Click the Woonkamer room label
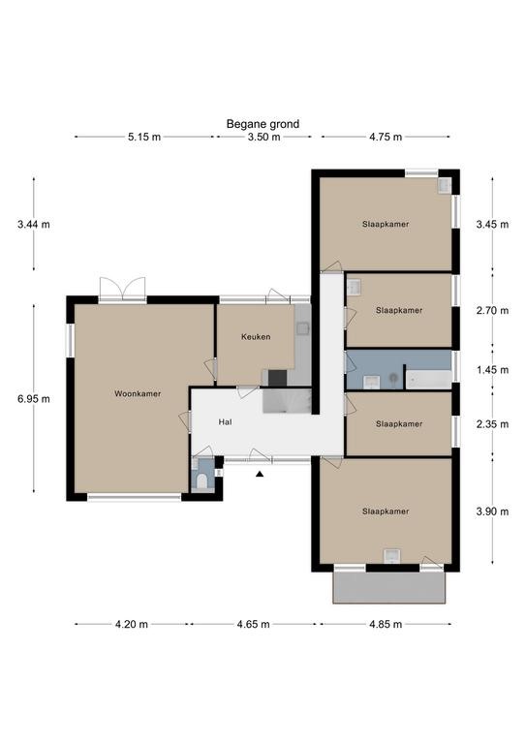(x=138, y=394)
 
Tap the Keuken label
(x=256, y=337)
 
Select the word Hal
(x=226, y=421)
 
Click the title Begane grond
(x=263, y=124)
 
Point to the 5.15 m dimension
(x=144, y=138)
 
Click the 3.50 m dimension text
(x=263, y=138)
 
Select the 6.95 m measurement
(x=34, y=399)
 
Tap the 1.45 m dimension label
(x=492, y=370)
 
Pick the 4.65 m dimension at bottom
(x=253, y=625)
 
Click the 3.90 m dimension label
(x=492, y=511)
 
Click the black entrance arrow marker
(x=260, y=474)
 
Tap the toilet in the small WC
(x=201, y=481)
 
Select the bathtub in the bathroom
(x=429, y=380)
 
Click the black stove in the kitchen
(x=277, y=378)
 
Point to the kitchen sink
(x=302, y=328)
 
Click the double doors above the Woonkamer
(x=122, y=289)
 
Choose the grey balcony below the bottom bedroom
(x=389, y=587)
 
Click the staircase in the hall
(x=287, y=400)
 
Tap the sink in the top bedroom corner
(x=445, y=186)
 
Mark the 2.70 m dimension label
(x=492, y=311)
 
